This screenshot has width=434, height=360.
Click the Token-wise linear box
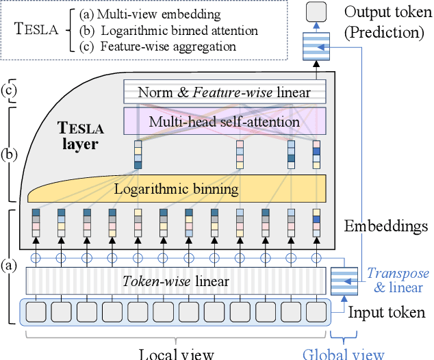click(x=176, y=281)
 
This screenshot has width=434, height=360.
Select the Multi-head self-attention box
click(x=225, y=122)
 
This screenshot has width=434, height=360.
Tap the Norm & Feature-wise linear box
click(x=225, y=92)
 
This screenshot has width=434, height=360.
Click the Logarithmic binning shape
click(x=175, y=188)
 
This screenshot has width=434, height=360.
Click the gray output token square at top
click(x=316, y=12)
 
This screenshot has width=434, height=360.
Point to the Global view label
click(x=344, y=353)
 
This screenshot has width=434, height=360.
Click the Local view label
click(x=177, y=353)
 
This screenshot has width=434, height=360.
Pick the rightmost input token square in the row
click(x=316, y=312)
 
